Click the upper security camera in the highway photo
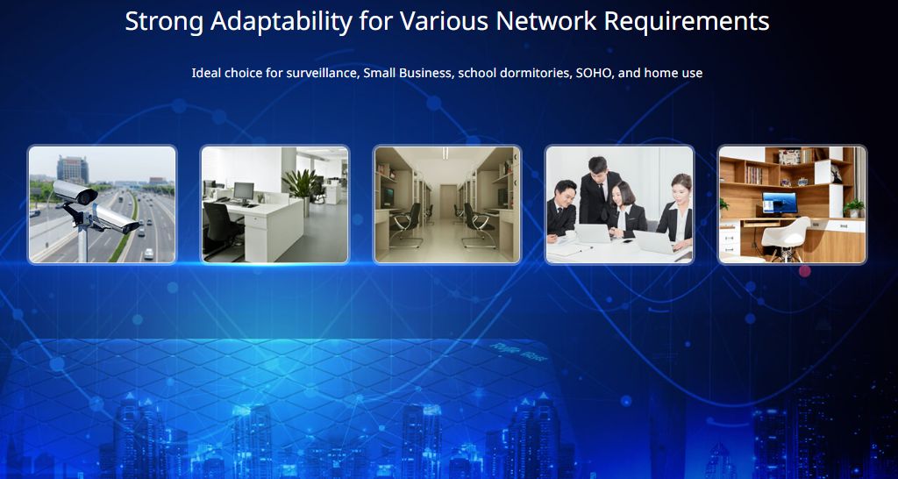pyautogui.click(x=75, y=191)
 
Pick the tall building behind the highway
pyautogui.click(x=73, y=169)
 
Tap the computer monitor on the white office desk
pyautogui.click(x=244, y=190)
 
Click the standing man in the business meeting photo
pyautogui.click(x=599, y=190)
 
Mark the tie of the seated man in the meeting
pyautogui.click(x=559, y=214)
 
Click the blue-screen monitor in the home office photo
pyautogui.click(x=780, y=203)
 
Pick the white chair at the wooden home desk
pyautogui.click(x=786, y=238)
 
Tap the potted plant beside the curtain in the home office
pyautogui.click(x=854, y=207)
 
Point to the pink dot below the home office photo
pyautogui.click(x=805, y=271)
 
